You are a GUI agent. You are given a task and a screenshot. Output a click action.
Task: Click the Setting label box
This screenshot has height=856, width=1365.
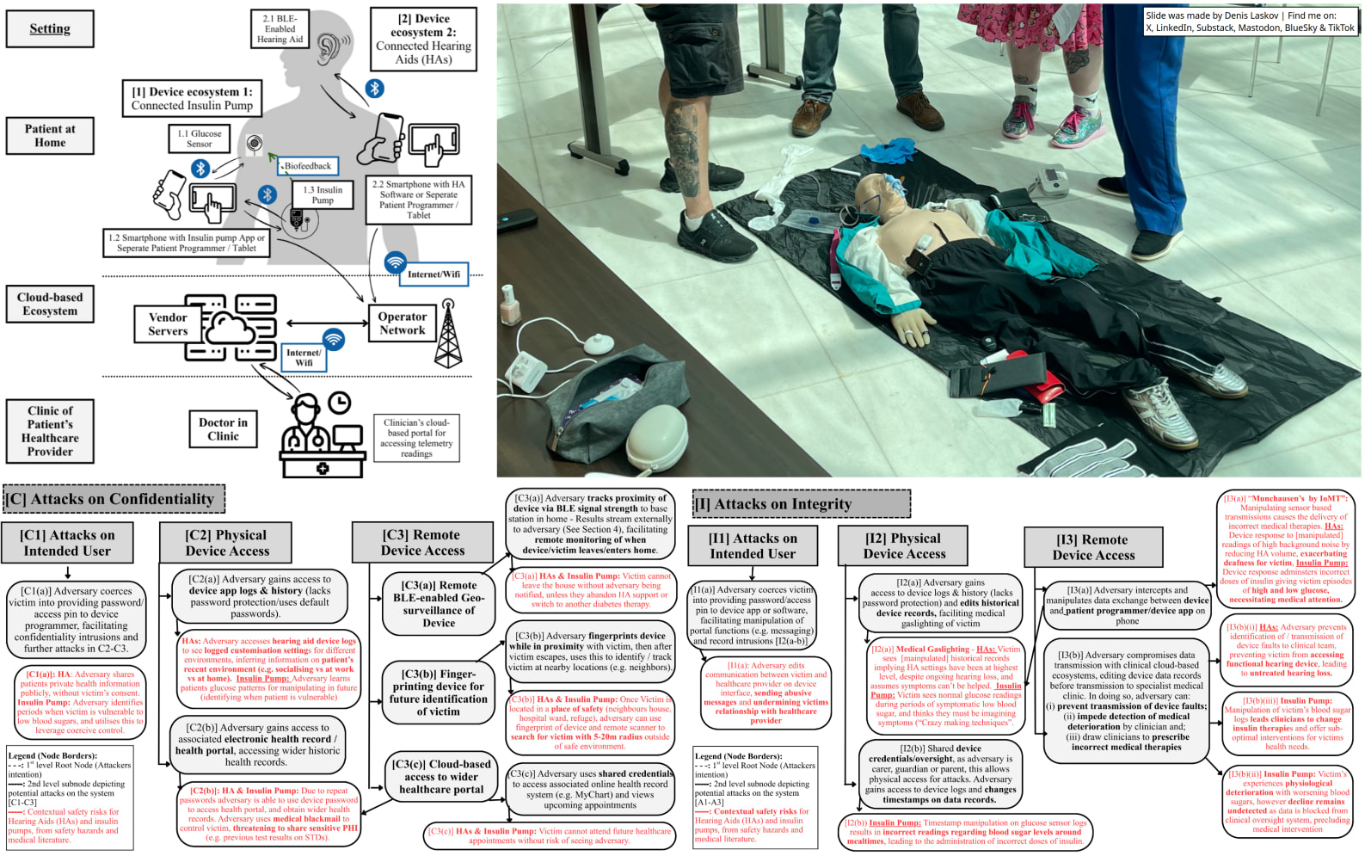click(x=50, y=28)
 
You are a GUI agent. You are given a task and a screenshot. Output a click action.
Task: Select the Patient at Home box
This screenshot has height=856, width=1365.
click(x=50, y=136)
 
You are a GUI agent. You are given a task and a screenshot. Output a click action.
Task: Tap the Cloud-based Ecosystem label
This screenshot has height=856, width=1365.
click(x=50, y=305)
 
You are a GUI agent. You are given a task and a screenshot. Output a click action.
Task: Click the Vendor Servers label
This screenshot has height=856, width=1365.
click(x=168, y=324)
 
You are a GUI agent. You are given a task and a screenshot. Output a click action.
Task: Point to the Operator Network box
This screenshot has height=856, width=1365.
click(x=402, y=323)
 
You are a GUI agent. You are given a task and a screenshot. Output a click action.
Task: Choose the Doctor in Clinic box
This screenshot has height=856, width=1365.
click(x=223, y=429)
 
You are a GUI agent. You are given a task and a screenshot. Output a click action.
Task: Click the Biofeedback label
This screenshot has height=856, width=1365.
click(x=307, y=166)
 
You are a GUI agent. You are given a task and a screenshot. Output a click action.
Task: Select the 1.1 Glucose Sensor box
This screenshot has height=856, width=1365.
click(x=200, y=139)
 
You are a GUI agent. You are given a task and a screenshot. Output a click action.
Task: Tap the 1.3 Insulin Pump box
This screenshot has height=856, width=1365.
click(x=323, y=195)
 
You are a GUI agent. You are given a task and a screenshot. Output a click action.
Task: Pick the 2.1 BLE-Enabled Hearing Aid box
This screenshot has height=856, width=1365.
click(x=280, y=28)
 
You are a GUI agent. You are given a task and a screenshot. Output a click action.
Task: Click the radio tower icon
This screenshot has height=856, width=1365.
click(x=448, y=334)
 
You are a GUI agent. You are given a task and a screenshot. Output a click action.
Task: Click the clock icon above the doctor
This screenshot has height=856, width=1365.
click(x=340, y=403)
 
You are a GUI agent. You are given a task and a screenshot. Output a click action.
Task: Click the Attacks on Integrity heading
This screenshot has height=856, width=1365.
click(x=802, y=504)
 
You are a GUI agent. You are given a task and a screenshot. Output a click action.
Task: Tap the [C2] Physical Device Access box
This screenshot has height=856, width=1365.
click(x=227, y=544)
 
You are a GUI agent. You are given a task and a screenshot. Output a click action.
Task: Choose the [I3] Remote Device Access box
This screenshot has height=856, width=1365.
click(x=1093, y=547)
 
